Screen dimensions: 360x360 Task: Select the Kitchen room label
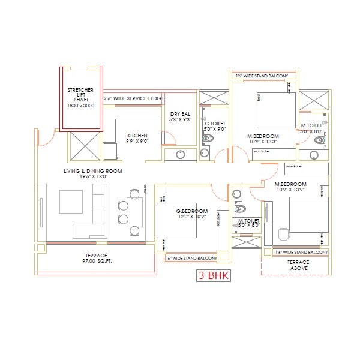[138, 139]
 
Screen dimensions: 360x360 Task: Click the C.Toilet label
[214, 125]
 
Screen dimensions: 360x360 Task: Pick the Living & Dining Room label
[93, 174]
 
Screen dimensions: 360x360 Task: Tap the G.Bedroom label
[192, 214]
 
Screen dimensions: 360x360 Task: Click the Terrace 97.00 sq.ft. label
[96, 259]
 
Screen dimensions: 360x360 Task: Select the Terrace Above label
[298, 266]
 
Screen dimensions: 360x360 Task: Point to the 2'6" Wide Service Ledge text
[133, 98]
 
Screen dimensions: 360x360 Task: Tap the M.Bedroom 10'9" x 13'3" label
[262, 139]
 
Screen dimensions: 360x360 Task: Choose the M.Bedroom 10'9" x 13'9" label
[291, 187]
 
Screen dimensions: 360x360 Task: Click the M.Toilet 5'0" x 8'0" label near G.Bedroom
[248, 223]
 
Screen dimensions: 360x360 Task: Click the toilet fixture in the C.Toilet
[208, 139]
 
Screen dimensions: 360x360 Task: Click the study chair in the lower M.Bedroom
[284, 232]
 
